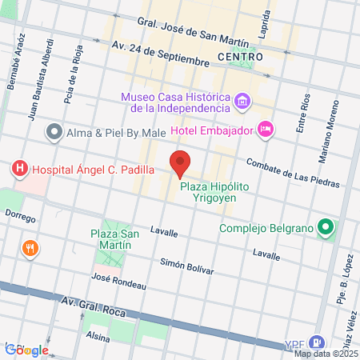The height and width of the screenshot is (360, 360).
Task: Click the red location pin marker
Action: pos(181,163)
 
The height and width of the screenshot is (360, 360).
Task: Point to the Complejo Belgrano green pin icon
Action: pos(325,229)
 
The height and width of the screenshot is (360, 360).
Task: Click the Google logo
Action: pos(26,350)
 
